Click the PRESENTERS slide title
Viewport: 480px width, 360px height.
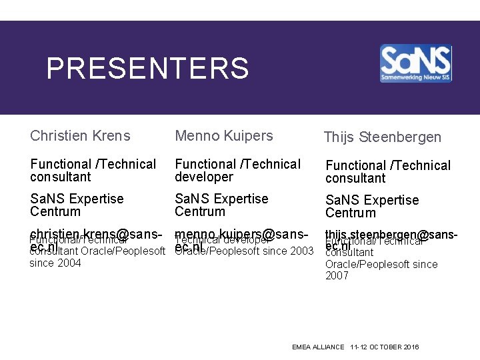coord(147,68)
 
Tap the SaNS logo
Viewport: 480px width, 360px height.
coord(415,64)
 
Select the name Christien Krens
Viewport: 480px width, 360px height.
coord(80,136)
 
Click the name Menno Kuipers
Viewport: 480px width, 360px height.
coord(224,136)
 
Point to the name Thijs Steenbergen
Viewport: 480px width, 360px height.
coord(382,137)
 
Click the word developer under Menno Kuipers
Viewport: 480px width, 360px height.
coord(204,177)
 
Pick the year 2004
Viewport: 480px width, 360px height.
coord(69,263)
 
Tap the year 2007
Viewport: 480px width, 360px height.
coord(337,276)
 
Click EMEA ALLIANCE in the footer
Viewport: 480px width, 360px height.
coord(318,347)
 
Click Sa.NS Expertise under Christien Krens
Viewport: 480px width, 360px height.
coord(77,199)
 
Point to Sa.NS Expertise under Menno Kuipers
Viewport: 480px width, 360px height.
coord(221,199)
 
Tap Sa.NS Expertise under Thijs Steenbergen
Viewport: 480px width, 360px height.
coord(372,200)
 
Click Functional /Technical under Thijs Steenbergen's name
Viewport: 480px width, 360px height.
coord(388,165)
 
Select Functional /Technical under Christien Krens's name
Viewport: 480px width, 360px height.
coord(93,164)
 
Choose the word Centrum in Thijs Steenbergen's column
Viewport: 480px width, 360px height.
coord(351,213)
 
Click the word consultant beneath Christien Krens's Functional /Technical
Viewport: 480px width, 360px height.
coord(60,177)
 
